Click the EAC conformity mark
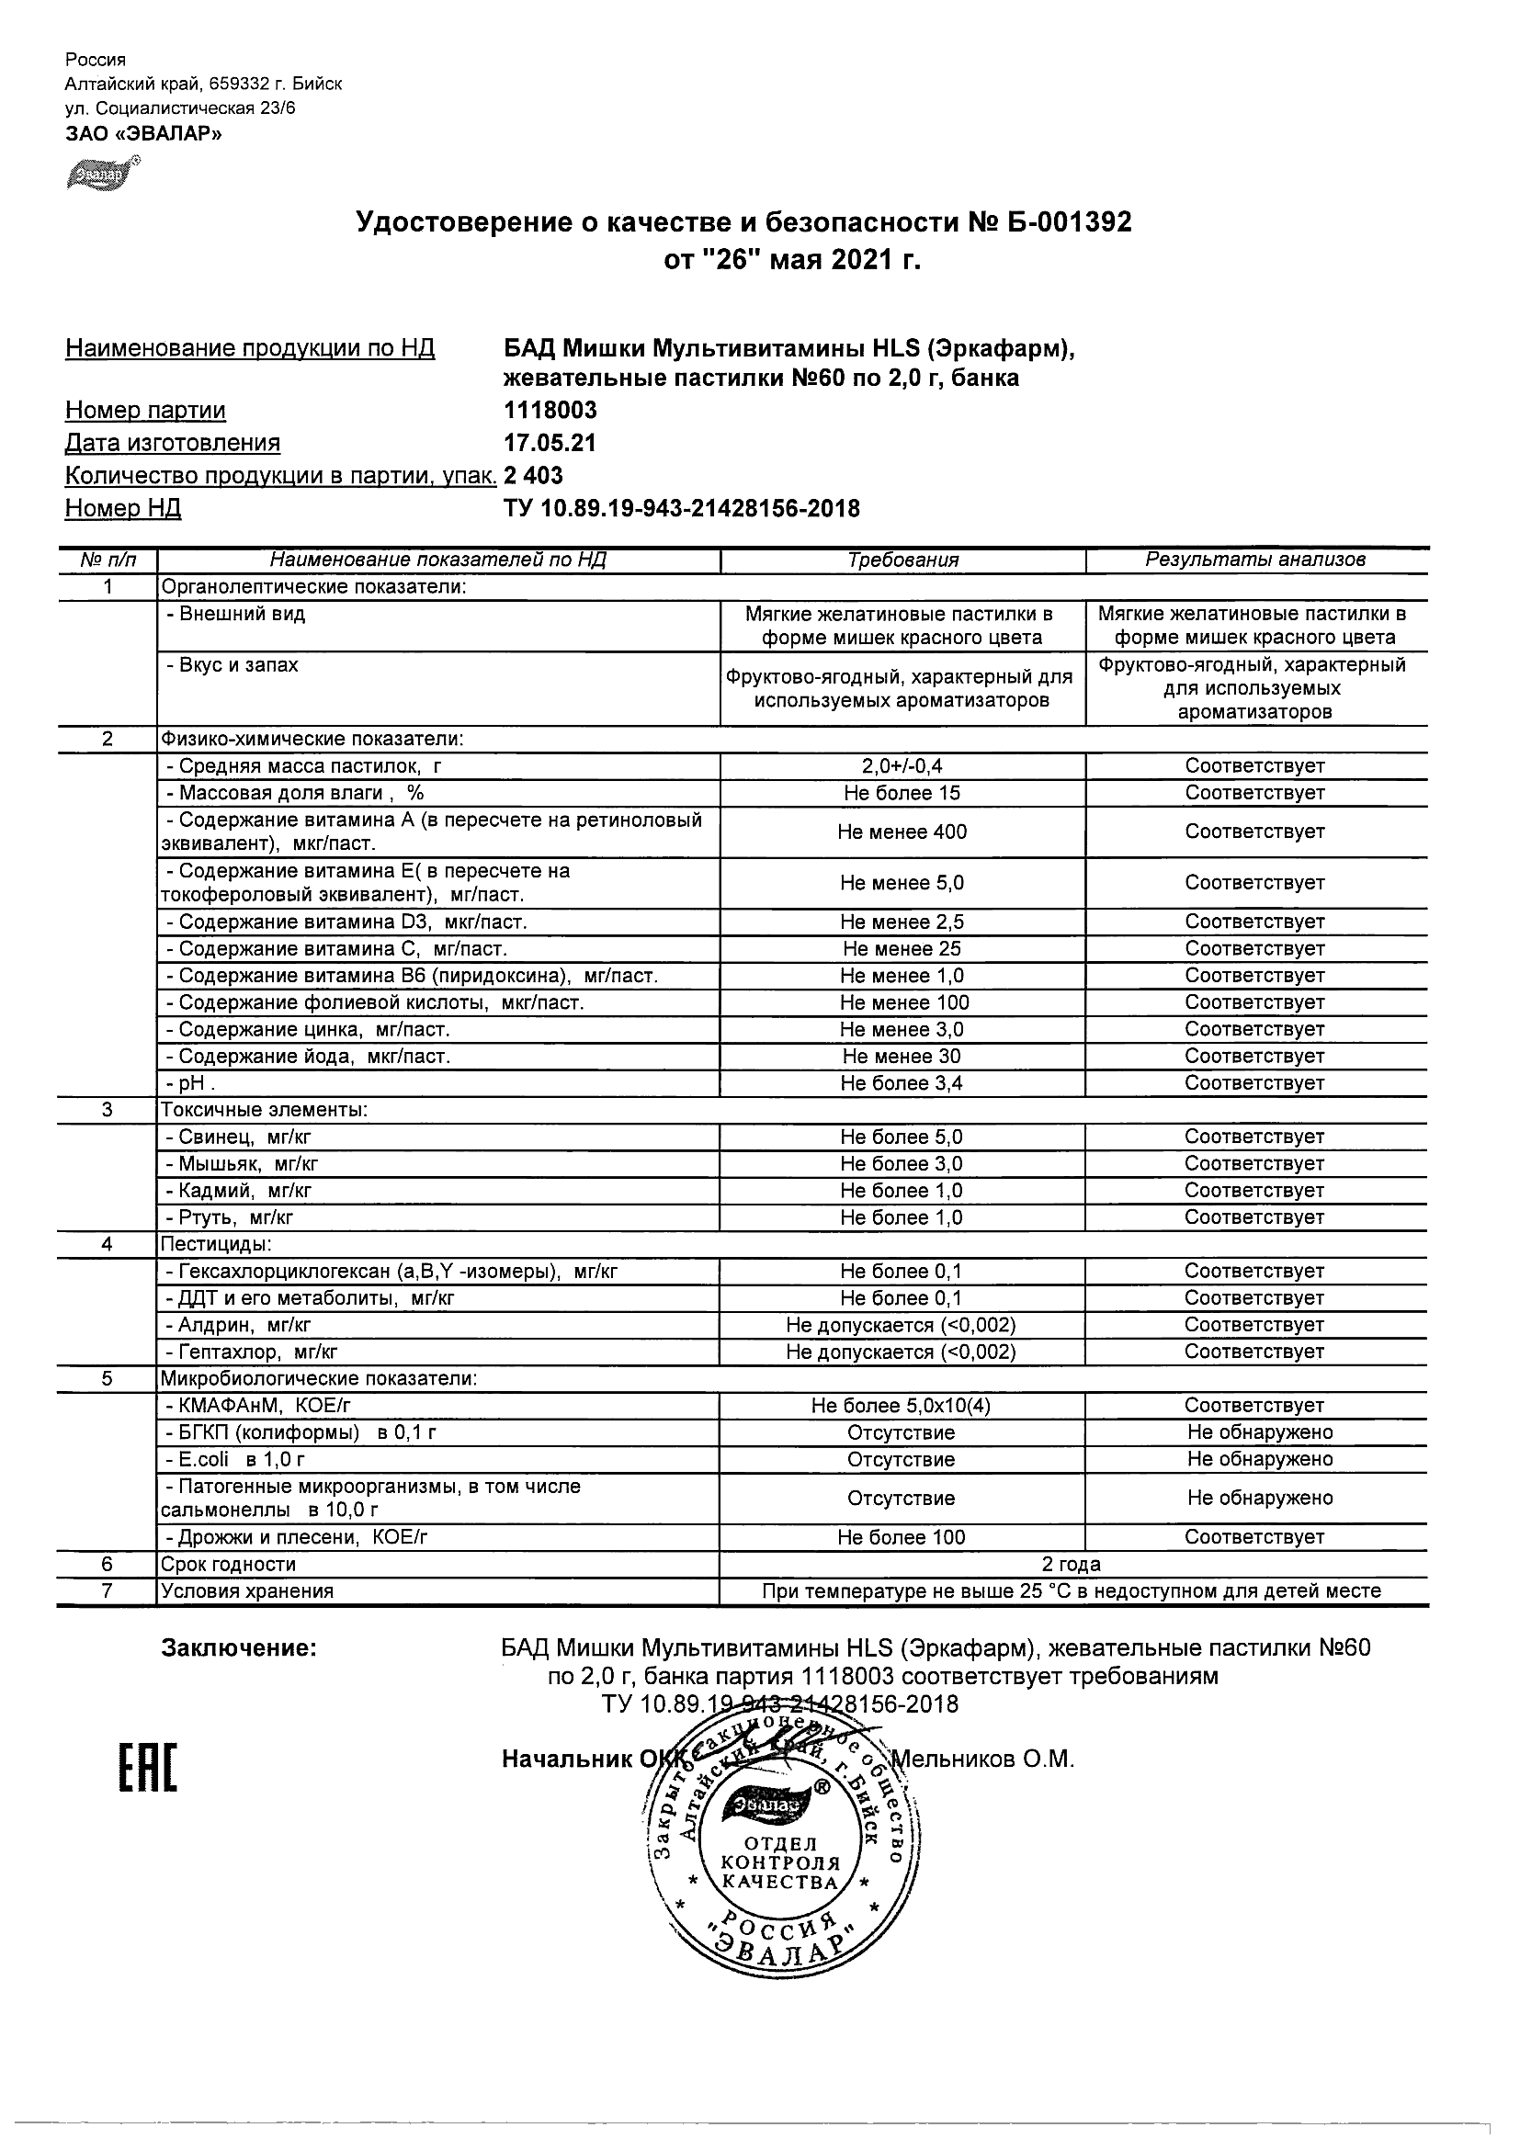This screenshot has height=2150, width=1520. click(x=148, y=1768)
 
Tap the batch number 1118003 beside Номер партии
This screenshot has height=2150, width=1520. click(x=550, y=410)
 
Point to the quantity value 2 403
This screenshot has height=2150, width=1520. click(x=533, y=476)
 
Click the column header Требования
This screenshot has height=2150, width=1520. click(x=902, y=560)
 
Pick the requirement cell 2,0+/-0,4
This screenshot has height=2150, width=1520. click(x=902, y=766)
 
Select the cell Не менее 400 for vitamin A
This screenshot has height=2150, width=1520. click(x=902, y=832)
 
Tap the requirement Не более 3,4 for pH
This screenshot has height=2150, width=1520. click(x=902, y=1083)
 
